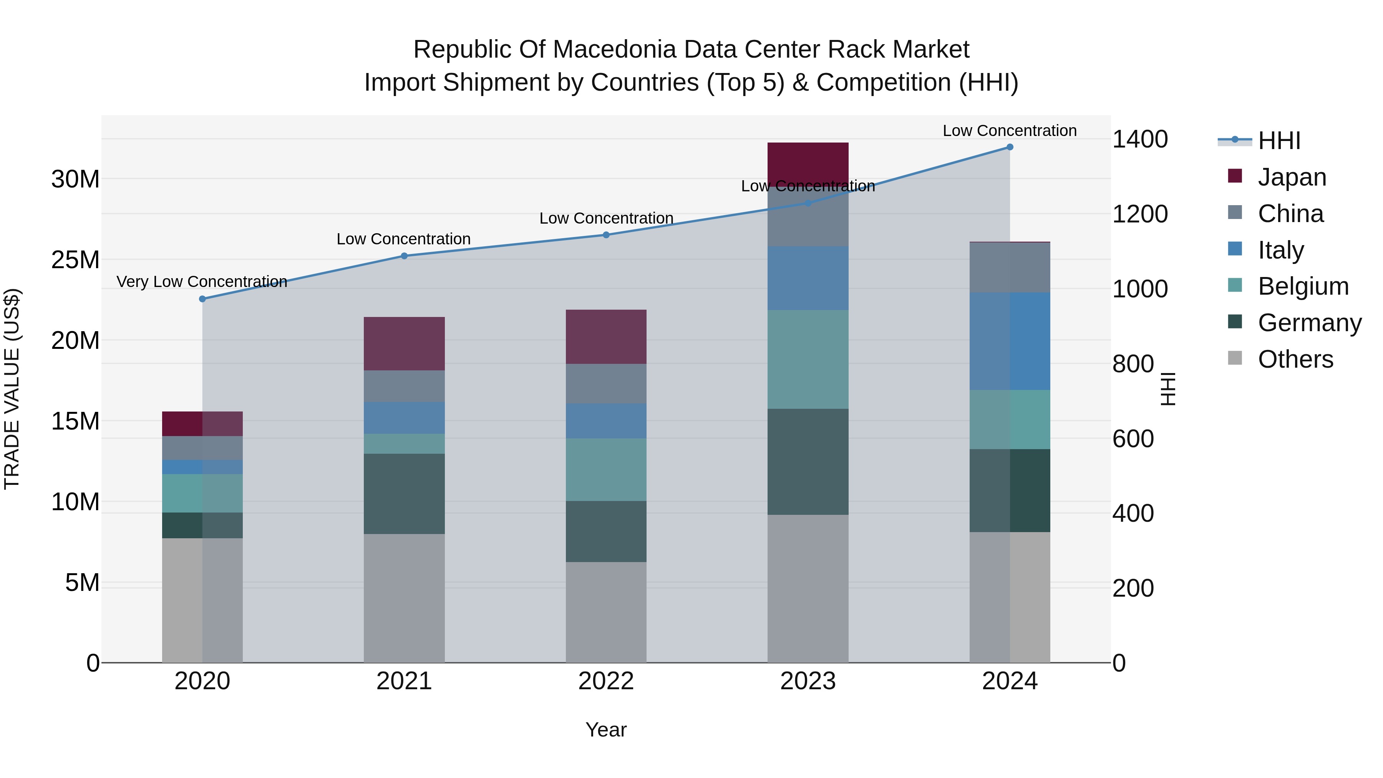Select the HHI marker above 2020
(x=202, y=299)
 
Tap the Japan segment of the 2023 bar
(x=808, y=161)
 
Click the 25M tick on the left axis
(x=75, y=260)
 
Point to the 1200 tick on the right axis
(x=1139, y=214)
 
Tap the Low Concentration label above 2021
(x=403, y=239)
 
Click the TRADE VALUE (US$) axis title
(x=12, y=389)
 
